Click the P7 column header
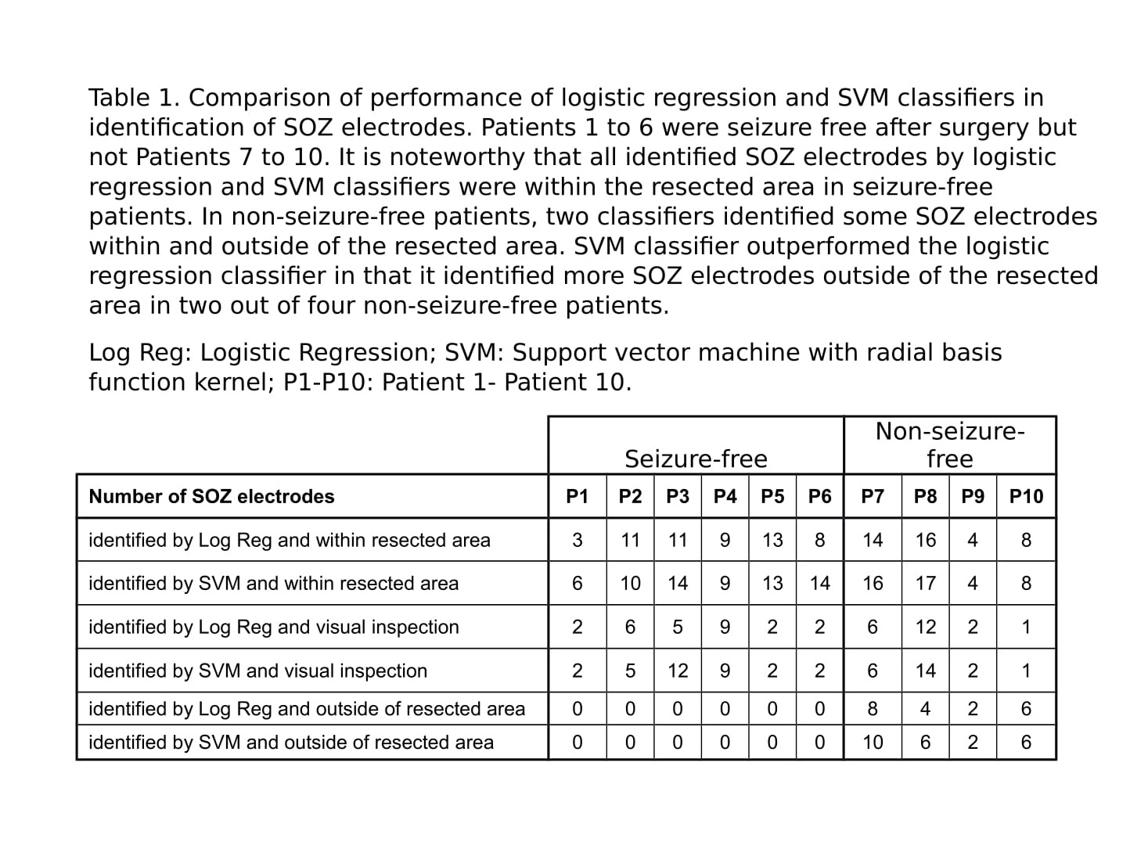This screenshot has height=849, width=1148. pyautogui.click(x=872, y=496)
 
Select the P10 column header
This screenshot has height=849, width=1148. pyautogui.click(x=1026, y=496)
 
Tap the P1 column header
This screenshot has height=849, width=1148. pyautogui.click(x=577, y=496)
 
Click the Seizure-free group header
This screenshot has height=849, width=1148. pyautogui.click(x=696, y=459)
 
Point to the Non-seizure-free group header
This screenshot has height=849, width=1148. pyautogui.click(x=949, y=444)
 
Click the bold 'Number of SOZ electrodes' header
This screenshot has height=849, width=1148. pyautogui.click(x=211, y=496)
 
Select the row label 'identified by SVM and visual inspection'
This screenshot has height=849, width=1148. pyautogui.click(x=257, y=671)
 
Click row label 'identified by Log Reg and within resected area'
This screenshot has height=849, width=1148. pyautogui.click(x=290, y=540)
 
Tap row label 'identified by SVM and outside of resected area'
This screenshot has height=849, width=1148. pyautogui.click(x=291, y=742)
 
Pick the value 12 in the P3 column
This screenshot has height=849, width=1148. pyautogui.click(x=677, y=671)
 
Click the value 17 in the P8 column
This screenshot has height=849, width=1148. pyautogui.click(x=925, y=583)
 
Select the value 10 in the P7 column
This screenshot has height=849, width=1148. pyautogui.click(x=872, y=742)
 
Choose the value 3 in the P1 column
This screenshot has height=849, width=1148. pyautogui.click(x=577, y=540)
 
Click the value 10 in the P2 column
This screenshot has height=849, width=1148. pyautogui.click(x=630, y=583)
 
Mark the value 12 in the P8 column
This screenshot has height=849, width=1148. pyautogui.click(x=925, y=627)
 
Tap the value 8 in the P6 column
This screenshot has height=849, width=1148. pyautogui.click(x=819, y=540)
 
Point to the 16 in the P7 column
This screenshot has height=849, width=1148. pyautogui.click(x=872, y=583)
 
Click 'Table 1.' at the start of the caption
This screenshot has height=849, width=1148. pyautogui.click(x=134, y=98)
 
